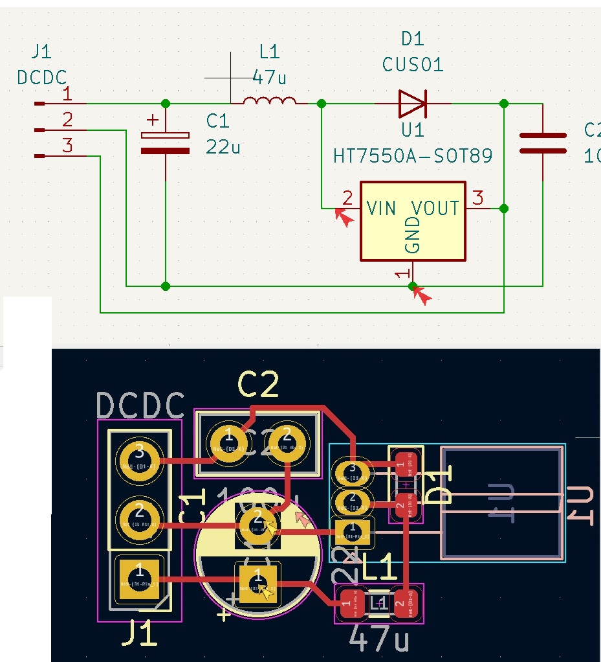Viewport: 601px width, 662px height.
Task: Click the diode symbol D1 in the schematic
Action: point(412,103)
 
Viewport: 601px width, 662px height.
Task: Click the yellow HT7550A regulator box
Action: point(413,221)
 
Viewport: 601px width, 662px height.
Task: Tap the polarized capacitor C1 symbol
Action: point(166,143)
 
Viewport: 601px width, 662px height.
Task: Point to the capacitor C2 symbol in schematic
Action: point(542,143)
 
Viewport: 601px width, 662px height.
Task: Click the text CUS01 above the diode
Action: point(413,65)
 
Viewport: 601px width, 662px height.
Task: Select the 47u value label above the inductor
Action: point(269,78)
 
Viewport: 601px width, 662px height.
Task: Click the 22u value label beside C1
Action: point(223,146)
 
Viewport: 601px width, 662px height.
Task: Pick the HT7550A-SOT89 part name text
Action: point(413,156)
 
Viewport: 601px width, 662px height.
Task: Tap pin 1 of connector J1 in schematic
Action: point(67,95)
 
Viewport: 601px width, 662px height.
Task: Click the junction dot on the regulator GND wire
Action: point(413,286)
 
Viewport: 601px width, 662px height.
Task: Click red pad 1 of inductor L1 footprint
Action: point(349,604)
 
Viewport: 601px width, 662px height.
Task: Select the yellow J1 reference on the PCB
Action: point(139,633)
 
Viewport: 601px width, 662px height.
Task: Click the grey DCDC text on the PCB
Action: point(140,406)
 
